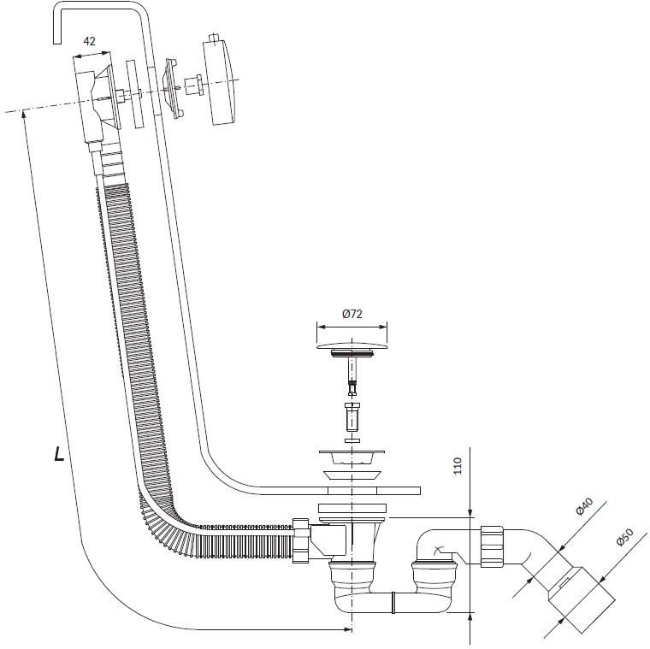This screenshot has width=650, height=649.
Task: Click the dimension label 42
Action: [89, 41]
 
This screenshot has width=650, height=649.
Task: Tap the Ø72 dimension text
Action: [352, 314]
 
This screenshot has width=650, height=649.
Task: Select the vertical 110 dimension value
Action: [458, 466]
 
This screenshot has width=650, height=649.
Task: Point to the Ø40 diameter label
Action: [584, 506]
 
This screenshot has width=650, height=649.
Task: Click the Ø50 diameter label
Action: [624, 537]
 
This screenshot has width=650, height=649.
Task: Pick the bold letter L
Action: [59, 454]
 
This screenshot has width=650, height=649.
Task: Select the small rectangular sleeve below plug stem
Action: [352, 417]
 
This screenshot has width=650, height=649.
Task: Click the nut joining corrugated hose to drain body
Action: [300, 540]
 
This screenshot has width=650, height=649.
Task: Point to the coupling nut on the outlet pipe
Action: [492, 546]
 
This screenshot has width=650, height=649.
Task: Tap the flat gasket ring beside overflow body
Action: [135, 95]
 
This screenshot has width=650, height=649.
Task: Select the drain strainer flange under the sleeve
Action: [352, 457]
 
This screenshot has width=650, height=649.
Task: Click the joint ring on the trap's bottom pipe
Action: [393, 603]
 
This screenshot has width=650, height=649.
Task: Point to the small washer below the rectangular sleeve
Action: [352, 440]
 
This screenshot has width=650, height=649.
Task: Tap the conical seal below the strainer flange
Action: [352, 475]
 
